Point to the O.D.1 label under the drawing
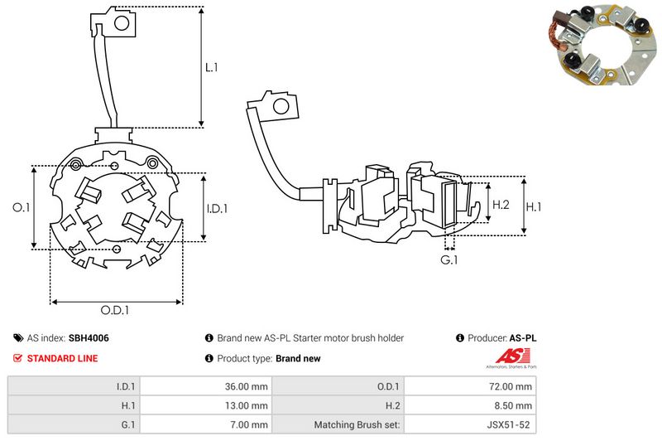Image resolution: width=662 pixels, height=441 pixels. (115, 311)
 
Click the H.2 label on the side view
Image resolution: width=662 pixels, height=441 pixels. (500, 204)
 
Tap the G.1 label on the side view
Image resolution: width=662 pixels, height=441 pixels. (449, 261)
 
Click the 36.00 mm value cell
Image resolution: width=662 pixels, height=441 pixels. (246, 385)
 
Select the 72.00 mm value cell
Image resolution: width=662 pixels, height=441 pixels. (512, 385)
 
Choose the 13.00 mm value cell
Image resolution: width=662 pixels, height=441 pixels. (246, 405)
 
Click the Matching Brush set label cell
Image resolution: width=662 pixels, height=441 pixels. (357, 425)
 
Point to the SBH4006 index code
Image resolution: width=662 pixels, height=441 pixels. (89, 338)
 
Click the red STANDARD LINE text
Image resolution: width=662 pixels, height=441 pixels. (63, 358)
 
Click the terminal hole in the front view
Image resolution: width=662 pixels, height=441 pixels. (121, 25)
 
